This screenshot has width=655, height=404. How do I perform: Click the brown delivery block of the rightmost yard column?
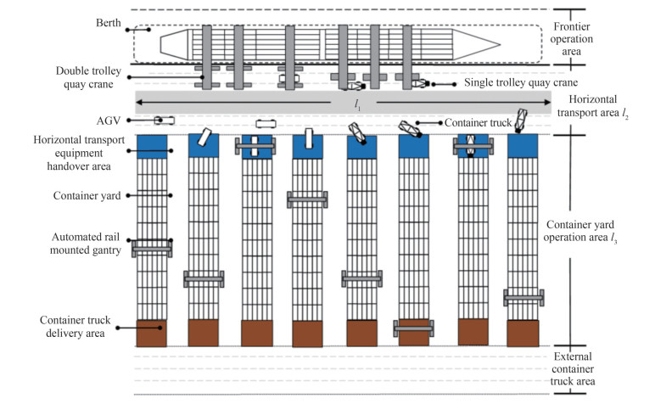[523, 332]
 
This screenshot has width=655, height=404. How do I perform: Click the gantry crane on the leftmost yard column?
[151, 248]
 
